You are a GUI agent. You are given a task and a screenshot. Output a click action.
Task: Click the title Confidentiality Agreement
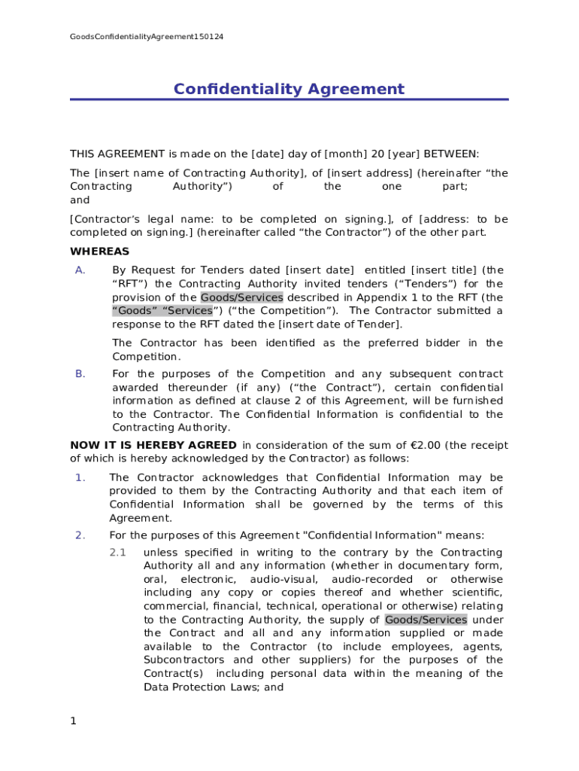point(289,90)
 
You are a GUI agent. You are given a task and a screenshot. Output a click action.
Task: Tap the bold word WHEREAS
point(99,251)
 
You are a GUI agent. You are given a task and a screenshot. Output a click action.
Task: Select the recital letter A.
point(80,270)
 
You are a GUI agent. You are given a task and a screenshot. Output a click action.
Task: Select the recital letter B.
point(80,374)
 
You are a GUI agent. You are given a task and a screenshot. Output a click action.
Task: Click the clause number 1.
point(80,478)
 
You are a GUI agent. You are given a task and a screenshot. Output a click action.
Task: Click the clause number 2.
point(80,535)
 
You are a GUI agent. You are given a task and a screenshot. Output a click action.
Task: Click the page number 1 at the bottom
point(73,721)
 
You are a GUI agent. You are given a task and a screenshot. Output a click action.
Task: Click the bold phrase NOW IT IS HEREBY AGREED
point(153,445)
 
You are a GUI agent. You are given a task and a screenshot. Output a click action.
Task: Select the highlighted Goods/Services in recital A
point(241,297)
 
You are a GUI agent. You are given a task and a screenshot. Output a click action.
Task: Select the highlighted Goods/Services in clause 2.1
point(426,620)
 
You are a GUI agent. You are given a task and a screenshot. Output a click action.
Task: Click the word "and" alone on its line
point(80,200)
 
